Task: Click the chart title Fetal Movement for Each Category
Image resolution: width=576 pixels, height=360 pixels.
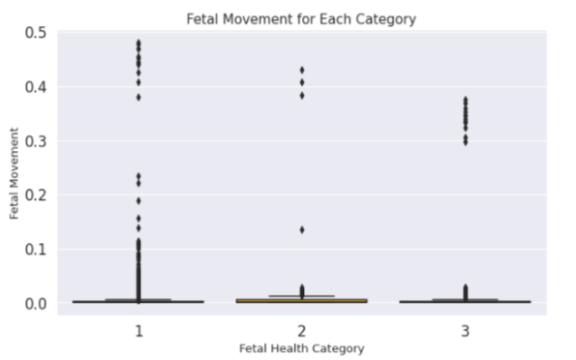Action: [302, 18]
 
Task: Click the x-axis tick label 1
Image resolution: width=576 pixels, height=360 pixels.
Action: [137, 330]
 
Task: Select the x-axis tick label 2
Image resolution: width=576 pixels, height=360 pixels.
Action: [301, 330]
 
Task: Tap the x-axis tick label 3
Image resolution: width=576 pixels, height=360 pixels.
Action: [465, 330]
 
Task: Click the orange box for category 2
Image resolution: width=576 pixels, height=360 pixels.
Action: [301, 300]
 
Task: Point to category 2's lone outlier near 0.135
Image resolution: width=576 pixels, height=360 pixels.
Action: [301, 229]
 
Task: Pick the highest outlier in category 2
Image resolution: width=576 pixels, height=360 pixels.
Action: [301, 70]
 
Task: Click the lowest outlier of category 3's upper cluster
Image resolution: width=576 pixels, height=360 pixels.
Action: [465, 142]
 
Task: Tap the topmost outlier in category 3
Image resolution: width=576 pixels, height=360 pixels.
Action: [465, 100]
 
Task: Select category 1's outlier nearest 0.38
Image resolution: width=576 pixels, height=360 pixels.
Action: [137, 97]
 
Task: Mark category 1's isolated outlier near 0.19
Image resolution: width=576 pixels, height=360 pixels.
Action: [137, 200]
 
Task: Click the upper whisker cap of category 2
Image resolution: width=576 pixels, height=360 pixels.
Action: [301, 295]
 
